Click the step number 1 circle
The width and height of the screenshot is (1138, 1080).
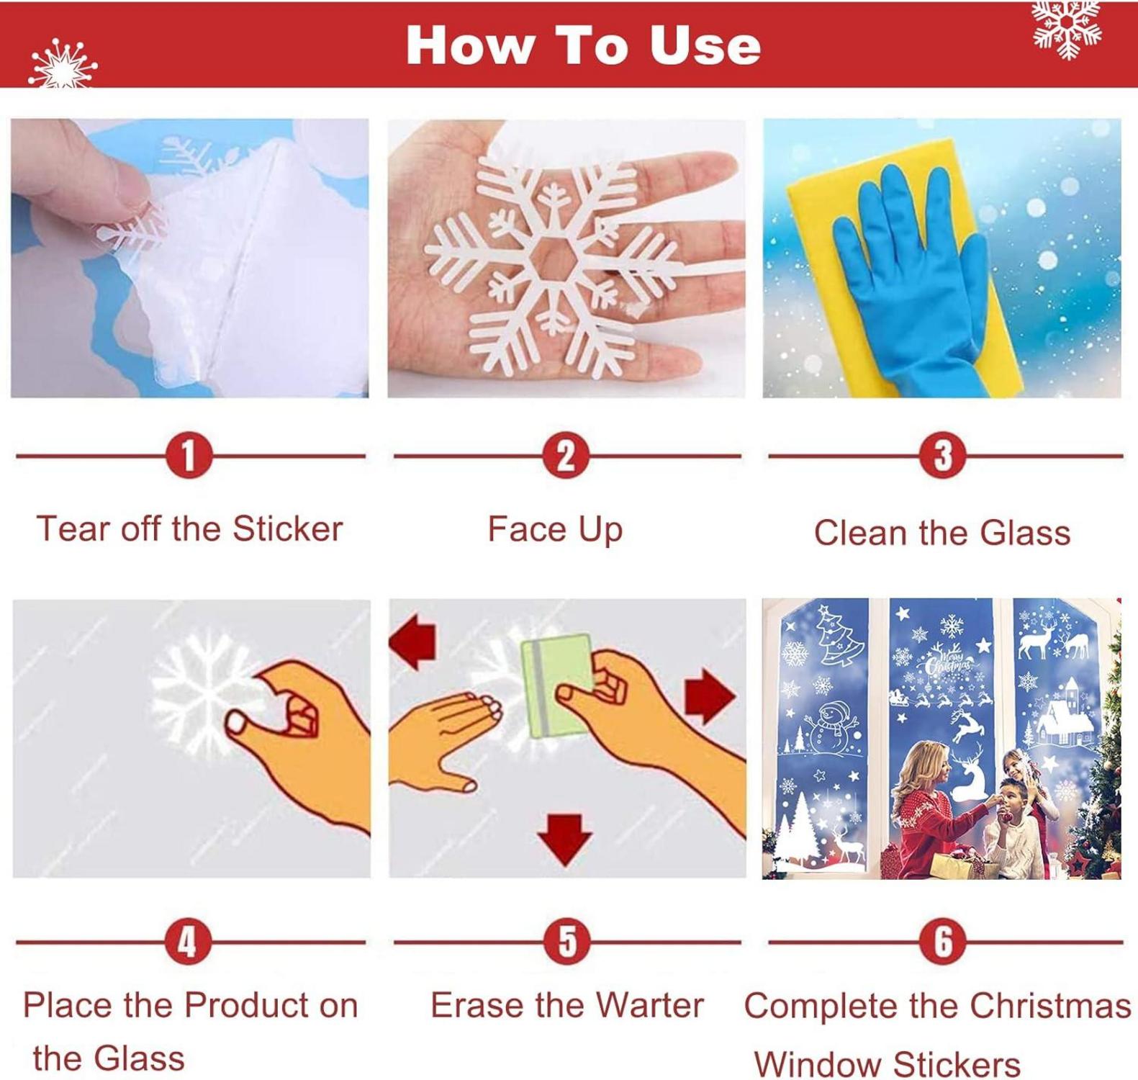pyautogui.click(x=189, y=455)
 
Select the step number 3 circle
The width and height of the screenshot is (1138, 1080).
pyautogui.click(x=943, y=455)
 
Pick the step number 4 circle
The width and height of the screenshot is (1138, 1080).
pyautogui.click(x=187, y=941)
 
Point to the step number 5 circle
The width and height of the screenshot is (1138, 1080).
pyautogui.click(x=567, y=941)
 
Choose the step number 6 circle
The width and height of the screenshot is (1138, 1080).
pyautogui.click(x=943, y=941)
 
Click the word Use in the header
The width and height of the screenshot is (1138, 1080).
pyautogui.click(x=705, y=45)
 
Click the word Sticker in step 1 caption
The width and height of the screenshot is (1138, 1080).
pyautogui.click(x=287, y=528)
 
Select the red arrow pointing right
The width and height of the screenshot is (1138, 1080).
pyautogui.click(x=710, y=696)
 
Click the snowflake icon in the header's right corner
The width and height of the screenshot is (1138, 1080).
pyautogui.click(x=1067, y=29)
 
